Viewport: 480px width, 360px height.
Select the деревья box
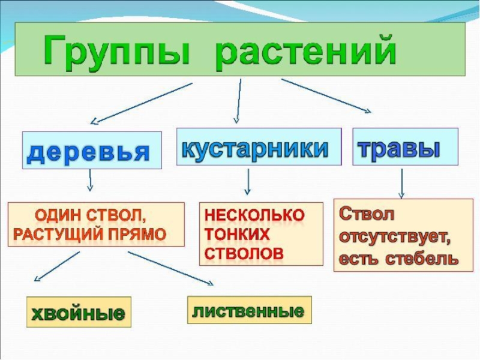(x=92, y=150)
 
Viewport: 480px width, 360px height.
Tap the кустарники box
(x=258, y=146)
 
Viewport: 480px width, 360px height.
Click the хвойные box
(x=78, y=312)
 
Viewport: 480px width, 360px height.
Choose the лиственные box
(x=249, y=310)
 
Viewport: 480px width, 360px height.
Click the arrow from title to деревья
(x=144, y=103)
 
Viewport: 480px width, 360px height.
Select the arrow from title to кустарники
(x=239, y=100)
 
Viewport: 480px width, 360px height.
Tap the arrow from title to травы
(x=326, y=95)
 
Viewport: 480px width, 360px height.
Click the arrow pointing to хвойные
(x=57, y=266)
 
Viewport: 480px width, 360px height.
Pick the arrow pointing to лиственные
(x=170, y=268)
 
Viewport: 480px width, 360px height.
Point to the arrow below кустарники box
(x=248, y=181)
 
